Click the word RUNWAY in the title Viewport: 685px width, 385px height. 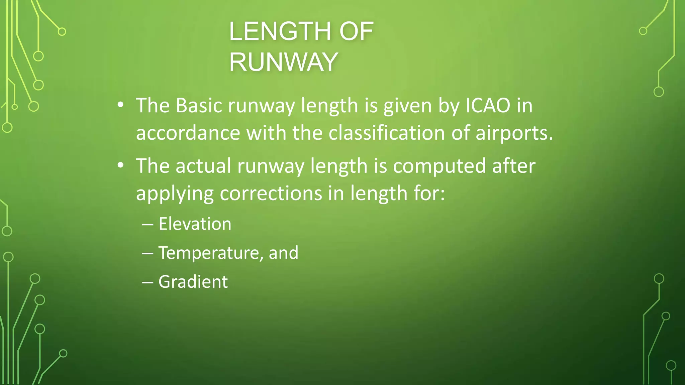(x=283, y=62)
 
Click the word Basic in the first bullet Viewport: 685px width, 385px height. (x=199, y=106)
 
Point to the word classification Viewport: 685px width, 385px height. (x=387, y=133)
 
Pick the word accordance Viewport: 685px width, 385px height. (x=188, y=133)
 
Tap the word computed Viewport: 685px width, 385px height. (x=439, y=166)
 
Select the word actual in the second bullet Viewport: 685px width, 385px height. (x=203, y=166)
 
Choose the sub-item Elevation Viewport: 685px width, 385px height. (x=195, y=224)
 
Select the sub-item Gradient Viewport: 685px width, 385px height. (x=193, y=282)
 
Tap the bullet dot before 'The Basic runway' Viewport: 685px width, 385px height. (x=121, y=106)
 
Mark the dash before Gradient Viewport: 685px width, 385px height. (x=148, y=282)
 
